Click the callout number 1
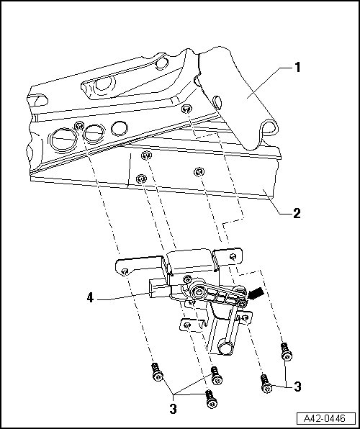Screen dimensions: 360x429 pyautogui.click(x=297, y=68)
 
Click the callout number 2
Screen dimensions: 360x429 pyautogui.click(x=297, y=213)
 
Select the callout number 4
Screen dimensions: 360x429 pyautogui.click(x=90, y=297)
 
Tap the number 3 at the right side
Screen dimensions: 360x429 pyautogui.click(x=297, y=387)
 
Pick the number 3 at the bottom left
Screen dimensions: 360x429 pyautogui.click(x=173, y=409)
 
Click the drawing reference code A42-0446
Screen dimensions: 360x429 pyautogui.click(x=325, y=418)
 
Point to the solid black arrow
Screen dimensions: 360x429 pyautogui.click(x=256, y=294)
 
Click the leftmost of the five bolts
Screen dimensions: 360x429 pyautogui.click(x=157, y=372)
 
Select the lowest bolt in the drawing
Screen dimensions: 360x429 pyautogui.click(x=212, y=399)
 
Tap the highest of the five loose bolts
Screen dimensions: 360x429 pyautogui.click(x=287, y=351)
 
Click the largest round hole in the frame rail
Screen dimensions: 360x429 pyautogui.click(x=63, y=140)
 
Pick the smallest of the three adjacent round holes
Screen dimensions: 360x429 pyautogui.click(x=120, y=128)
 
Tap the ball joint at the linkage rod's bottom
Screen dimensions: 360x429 pyautogui.click(x=225, y=347)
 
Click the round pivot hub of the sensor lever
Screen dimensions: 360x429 pyautogui.click(x=198, y=292)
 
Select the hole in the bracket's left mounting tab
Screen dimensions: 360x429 pyautogui.click(x=125, y=271)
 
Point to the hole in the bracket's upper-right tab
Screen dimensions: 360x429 pyautogui.click(x=233, y=257)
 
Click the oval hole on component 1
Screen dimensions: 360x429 pyautogui.click(x=217, y=102)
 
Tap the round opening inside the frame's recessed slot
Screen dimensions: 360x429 pyautogui.click(x=104, y=83)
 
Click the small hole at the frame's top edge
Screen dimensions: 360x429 pyautogui.click(x=162, y=63)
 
